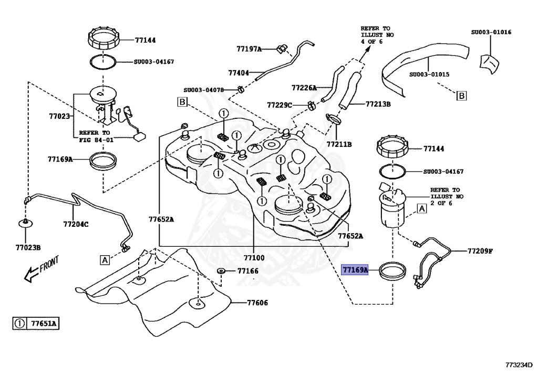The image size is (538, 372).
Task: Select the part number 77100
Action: [x=254, y=258]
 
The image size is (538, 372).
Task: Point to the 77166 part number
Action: [x=247, y=271]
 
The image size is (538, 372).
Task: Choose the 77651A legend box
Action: [x=36, y=324]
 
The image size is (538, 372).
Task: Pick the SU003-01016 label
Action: [x=491, y=32]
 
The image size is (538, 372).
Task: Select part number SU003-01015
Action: [x=429, y=74]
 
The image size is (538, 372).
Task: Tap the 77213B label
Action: [x=378, y=104]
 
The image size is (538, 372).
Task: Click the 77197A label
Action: [x=249, y=49]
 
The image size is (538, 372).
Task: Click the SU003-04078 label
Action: [x=204, y=90]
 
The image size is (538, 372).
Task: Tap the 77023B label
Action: [x=28, y=247]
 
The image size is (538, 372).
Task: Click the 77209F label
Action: [x=480, y=250]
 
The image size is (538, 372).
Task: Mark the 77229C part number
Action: [x=279, y=105]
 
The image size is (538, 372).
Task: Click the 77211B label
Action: [x=339, y=144]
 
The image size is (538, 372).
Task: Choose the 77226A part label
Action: [x=304, y=88]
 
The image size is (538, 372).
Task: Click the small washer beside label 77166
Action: [x=221, y=271]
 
